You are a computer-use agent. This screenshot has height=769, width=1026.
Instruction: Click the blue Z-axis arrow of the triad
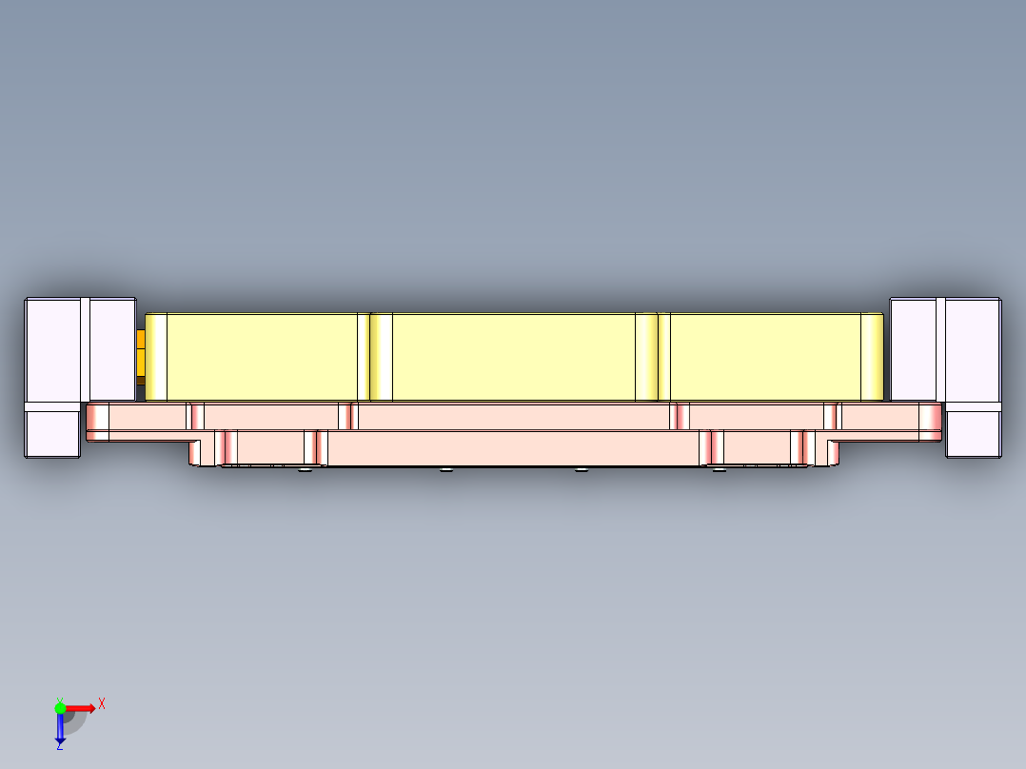pos(60,728)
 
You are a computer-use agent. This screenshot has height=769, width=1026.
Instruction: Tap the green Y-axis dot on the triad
pos(60,707)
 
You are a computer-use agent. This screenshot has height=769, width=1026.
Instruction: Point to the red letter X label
pos(102,703)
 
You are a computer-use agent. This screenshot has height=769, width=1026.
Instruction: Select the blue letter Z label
pos(59,747)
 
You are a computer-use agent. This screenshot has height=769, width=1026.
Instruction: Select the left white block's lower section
pos(52,433)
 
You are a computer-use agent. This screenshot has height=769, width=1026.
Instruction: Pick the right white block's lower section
pos(973,433)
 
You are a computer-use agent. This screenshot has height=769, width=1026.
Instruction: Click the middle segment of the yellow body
pos(514,356)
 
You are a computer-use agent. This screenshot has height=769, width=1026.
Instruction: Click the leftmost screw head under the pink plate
pos(304,469)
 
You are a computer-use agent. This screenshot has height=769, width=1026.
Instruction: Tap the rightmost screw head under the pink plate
pos(719,469)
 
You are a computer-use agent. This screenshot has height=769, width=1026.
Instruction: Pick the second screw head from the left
pos(446,469)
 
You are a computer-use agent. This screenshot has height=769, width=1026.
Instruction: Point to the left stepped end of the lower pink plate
pos(203,451)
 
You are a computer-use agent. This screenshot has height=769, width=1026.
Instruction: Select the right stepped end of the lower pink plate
pos(826,451)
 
